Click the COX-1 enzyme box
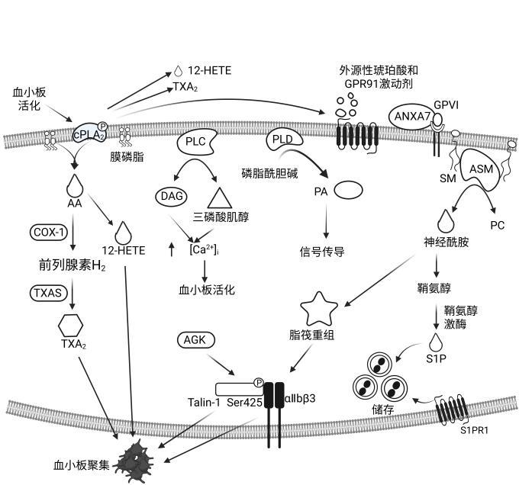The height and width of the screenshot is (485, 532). click(x=49, y=233)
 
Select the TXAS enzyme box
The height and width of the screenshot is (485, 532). click(x=49, y=293)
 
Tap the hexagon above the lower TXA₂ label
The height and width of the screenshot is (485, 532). click(x=70, y=325)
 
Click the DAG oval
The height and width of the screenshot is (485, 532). click(x=172, y=196)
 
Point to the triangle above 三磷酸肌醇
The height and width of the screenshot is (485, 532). click(x=220, y=199)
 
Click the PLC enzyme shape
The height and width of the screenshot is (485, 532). click(x=197, y=142)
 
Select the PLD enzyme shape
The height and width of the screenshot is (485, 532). click(x=284, y=140)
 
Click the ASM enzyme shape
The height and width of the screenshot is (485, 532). click(x=481, y=169)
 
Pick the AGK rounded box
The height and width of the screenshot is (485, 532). click(x=196, y=340)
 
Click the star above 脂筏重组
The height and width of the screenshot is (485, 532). click(x=319, y=309)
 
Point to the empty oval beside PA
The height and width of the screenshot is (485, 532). click(x=349, y=190)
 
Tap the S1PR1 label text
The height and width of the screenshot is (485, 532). click(x=474, y=430)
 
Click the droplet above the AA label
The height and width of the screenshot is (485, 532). click(x=75, y=185)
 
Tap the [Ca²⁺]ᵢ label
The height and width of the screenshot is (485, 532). click(x=204, y=250)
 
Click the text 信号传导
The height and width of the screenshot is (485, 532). click(x=322, y=252)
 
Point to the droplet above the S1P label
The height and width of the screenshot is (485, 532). click(x=436, y=342)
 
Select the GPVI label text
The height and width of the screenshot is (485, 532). click(x=447, y=105)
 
